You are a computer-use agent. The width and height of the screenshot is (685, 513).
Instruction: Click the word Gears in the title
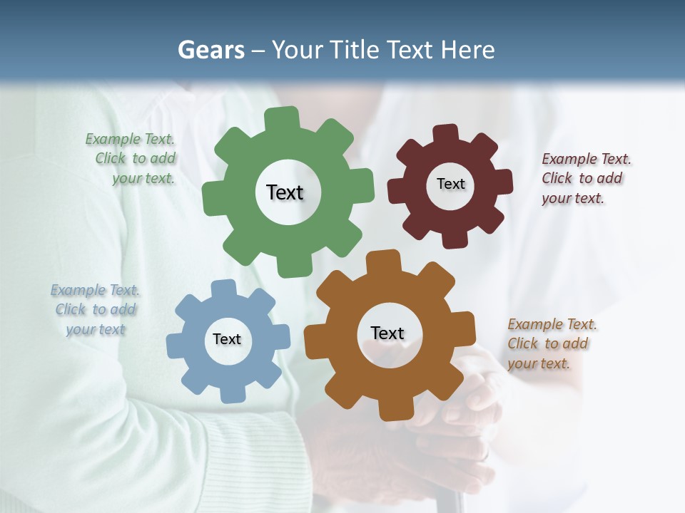click(210, 50)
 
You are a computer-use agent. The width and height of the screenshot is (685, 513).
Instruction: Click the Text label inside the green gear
click(285, 192)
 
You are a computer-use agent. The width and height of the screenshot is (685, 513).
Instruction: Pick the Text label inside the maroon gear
click(451, 184)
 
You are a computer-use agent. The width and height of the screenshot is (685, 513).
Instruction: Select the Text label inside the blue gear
click(227, 339)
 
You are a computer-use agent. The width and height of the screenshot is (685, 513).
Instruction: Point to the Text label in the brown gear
click(387, 333)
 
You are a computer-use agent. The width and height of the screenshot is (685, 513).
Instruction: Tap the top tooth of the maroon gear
click(446, 133)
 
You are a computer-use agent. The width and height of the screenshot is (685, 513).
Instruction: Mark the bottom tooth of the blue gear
click(231, 393)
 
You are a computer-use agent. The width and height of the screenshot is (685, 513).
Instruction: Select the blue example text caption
click(96, 309)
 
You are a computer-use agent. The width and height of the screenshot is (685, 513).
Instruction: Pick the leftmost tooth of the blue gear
click(176, 345)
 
